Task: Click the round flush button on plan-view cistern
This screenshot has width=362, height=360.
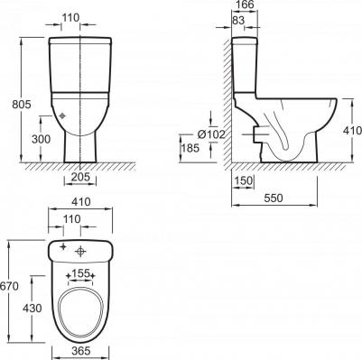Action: [82, 250]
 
